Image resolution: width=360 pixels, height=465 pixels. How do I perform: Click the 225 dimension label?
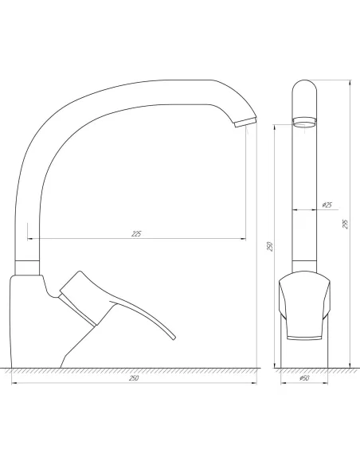pos(136,233)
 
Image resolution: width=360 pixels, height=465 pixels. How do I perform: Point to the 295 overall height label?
pos(344,225)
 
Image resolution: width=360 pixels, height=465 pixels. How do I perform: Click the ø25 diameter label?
pos(327,205)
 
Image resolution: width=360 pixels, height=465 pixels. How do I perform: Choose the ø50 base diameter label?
pos(303,377)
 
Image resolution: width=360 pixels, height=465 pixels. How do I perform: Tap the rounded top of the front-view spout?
pos(304,88)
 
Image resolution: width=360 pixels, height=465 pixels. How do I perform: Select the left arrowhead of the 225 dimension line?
pos(29,238)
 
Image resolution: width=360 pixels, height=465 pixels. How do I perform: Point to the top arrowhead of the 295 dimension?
pos(350,80)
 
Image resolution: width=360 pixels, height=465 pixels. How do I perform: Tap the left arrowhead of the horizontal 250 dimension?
pos(14,383)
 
